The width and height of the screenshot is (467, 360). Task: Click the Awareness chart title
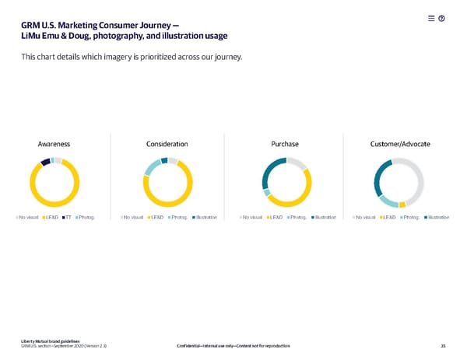pos(54,144)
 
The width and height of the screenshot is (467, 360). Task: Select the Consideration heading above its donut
pos(167,144)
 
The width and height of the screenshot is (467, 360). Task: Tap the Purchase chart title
pos(286,144)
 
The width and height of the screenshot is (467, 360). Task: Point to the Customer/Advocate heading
pos(399,144)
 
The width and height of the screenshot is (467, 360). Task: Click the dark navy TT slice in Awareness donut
pos(45,163)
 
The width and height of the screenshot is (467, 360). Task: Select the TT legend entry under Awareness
pos(67,217)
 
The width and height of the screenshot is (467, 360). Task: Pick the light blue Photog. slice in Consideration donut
pos(150,168)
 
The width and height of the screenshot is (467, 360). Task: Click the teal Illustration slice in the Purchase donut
pos(268,172)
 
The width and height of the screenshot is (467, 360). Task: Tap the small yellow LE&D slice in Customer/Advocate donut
pos(402,204)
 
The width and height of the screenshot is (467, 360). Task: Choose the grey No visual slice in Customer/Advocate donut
pos(418,175)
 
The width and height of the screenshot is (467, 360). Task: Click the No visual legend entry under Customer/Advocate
pos(365,217)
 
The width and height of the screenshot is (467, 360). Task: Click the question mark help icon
pos(442,19)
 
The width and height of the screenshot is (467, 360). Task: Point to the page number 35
pos(442,346)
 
